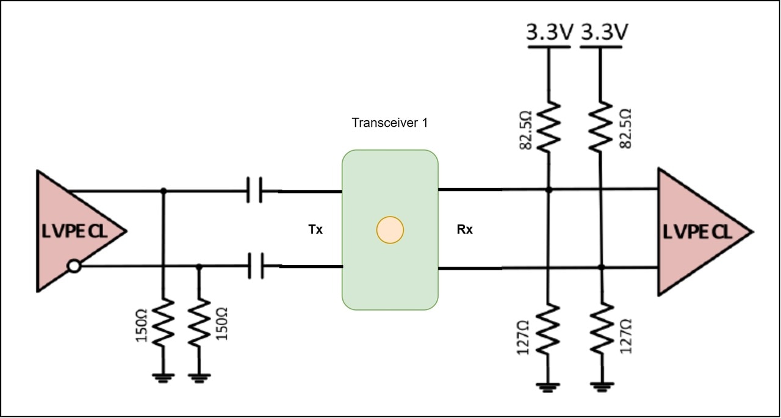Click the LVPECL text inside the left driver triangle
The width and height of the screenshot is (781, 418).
tap(74, 231)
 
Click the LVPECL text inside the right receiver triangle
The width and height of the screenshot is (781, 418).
tap(697, 232)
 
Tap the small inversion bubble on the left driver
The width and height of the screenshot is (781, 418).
tap(74, 266)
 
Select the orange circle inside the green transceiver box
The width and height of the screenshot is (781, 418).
tap(390, 230)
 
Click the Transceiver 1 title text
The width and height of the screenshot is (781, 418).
tap(389, 123)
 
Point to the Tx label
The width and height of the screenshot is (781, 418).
tap(315, 229)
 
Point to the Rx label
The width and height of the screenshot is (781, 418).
tap(465, 229)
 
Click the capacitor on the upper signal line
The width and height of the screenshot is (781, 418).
tap(254, 190)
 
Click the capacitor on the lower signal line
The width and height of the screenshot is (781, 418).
tap(256, 266)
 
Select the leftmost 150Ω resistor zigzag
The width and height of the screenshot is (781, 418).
tap(163, 322)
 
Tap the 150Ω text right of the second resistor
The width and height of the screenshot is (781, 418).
tap(221, 324)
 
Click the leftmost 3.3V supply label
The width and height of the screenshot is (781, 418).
tap(550, 32)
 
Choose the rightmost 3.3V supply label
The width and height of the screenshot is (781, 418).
tap(605, 32)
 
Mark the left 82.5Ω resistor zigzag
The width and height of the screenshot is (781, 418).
tap(549, 126)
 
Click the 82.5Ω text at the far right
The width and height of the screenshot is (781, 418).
tap(625, 129)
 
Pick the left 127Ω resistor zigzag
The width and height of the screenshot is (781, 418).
tap(548, 329)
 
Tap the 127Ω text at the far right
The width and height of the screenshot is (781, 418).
tap(626, 336)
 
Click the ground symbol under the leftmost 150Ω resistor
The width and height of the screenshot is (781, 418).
tap(163, 378)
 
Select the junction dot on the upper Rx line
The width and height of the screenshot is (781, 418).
tap(549, 190)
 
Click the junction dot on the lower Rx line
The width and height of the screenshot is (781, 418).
tap(601, 267)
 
